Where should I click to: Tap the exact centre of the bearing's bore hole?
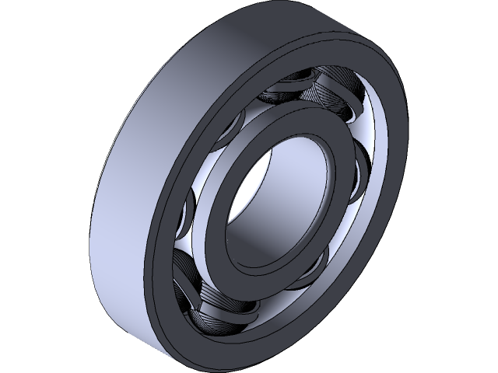tap(276, 198)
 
